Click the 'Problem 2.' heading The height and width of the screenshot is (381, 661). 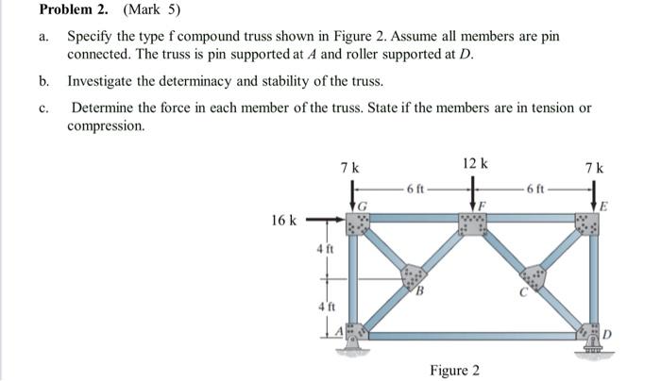click(72, 11)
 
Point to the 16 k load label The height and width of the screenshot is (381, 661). click(284, 222)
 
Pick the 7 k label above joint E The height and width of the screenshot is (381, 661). click(593, 168)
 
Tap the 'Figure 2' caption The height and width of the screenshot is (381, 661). click(454, 370)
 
